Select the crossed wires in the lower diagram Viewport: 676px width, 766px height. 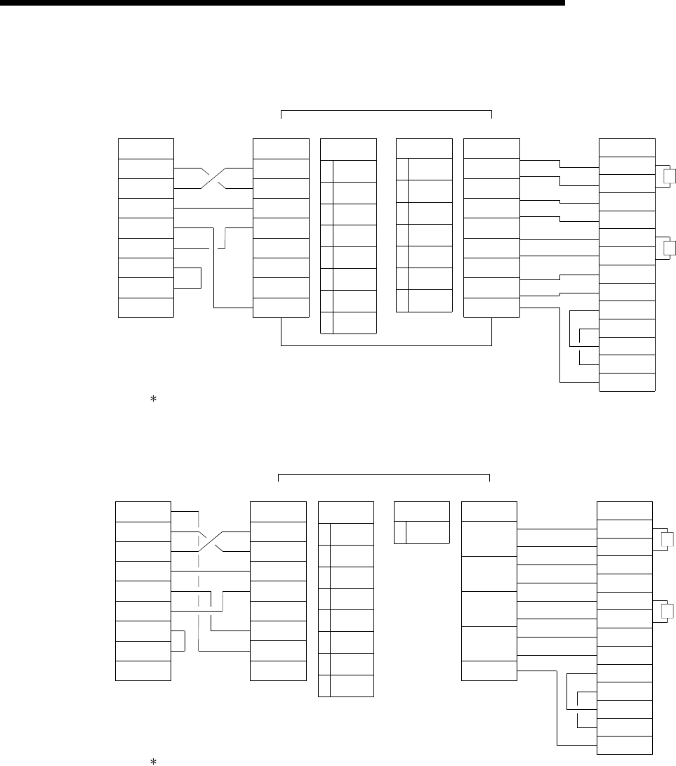(211, 541)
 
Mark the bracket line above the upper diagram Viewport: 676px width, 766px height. (386, 111)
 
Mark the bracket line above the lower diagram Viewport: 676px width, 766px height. (384, 475)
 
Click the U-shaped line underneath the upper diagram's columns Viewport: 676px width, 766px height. (386, 345)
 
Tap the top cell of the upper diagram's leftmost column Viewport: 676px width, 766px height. (146, 149)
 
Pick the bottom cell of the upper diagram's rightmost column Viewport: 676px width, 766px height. (626, 382)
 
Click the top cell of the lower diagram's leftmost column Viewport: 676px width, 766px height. (143, 512)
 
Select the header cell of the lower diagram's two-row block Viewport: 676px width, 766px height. (421, 512)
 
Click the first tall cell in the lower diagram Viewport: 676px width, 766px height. (489, 539)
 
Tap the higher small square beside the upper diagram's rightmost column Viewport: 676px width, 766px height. (669, 176)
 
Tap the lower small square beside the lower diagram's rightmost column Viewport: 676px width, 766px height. (667, 610)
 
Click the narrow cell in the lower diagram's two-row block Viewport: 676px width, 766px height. (399, 533)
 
